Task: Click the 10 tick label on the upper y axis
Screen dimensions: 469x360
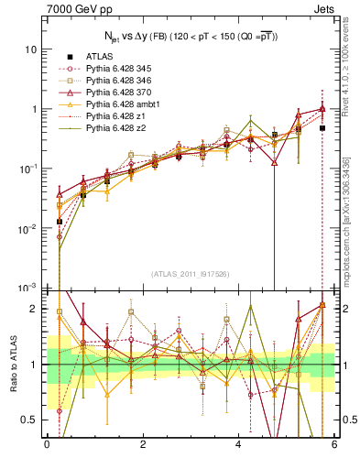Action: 31,49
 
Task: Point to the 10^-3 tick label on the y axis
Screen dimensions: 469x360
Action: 27,288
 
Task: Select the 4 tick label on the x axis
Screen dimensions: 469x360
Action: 239,444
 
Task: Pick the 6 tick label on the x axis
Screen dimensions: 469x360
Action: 335,444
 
